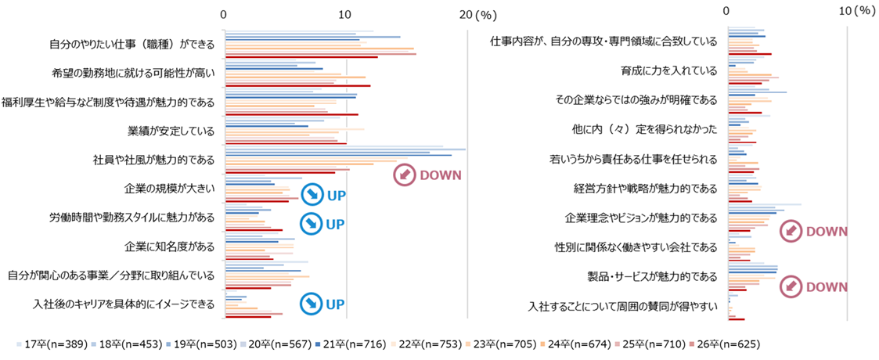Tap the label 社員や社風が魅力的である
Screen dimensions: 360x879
153,160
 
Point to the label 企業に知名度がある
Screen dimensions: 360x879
170,247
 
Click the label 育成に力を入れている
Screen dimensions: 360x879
669,70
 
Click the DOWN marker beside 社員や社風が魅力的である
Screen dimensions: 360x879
427,175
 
